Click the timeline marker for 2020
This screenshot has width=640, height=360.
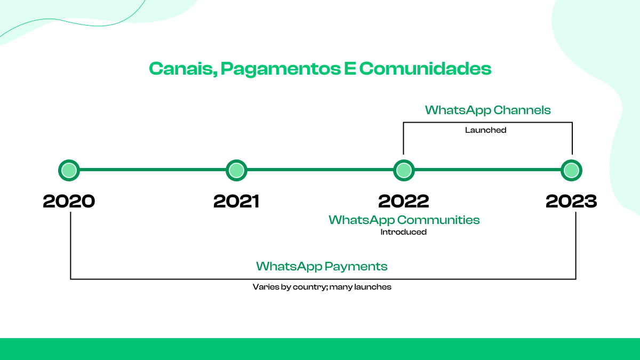pyautogui.click(x=69, y=171)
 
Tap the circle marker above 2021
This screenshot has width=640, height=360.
pyautogui.click(x=236, y=171)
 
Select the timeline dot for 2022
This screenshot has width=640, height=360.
pyautogui.click(x=404, y=171)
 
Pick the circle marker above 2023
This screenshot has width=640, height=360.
pyautogui.click(x=571, y=171)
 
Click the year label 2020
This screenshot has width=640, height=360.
pyautogui.click(x=69, y=201)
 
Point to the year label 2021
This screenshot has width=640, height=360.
pyautogui.click(x=236, y=201)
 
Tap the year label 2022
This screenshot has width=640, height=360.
pyautogui.click(x=404, y=201)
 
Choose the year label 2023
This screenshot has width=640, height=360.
pyautogui.click(x=571, y=201)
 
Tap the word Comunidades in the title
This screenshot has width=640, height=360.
pyautogui.click(x=425, y=69)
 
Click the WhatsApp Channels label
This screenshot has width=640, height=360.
pyautogui.click(x=487, y=110)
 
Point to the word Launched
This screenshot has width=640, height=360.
pyautogui.click(x=485, y=130)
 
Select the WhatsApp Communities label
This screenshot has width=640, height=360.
pyautogui.click(x=404, y=220)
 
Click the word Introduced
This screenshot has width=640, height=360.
pyautogui.click(x=403, y=232)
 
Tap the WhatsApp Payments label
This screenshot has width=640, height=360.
pyautogui.click(x=322, y=266)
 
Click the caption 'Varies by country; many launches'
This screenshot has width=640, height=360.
pyautogui.click(x=322, y=287)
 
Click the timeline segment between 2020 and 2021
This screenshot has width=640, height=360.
pyautogui.click(x=153, y=171)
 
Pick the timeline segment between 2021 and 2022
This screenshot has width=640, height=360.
pyautogui.click(x=320, y=171)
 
